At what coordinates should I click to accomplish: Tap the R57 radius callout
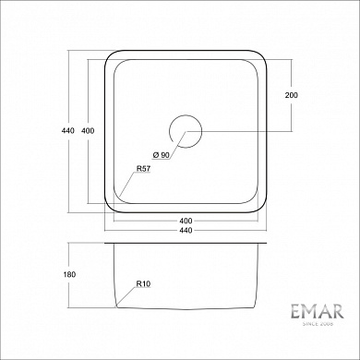click(x=143, y=169)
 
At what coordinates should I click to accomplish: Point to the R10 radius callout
click(x=143, y=285)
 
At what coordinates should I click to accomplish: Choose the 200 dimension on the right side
click(x=292, y=96)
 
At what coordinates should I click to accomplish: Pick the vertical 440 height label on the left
click(x=67, y=130)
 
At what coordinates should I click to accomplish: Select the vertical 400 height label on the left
click(x=88, y=130)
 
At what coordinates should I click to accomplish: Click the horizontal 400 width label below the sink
click(x=186, y=222)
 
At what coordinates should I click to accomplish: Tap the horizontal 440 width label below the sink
click(x=186, y=230)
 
